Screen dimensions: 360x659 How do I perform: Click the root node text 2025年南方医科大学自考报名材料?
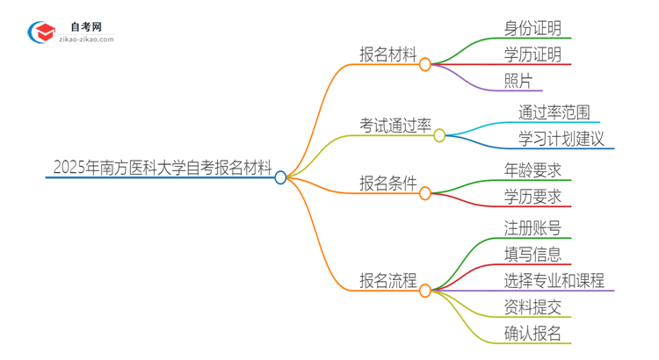tap(163, 167)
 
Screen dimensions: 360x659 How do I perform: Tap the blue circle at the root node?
tap(280, 177)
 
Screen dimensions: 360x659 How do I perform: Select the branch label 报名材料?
tap(389, 54)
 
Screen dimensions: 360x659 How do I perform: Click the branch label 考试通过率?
tap(395, 126)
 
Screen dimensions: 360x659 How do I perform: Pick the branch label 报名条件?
tap(387, 184)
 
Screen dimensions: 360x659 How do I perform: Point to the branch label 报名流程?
tap(389, 281)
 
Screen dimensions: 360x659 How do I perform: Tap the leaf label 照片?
tap(518, 81)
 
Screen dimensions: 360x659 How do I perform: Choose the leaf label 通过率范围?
tap(554, 112)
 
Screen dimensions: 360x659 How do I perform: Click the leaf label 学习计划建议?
tap(561, 139)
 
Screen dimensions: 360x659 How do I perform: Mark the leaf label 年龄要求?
tap(533, 169)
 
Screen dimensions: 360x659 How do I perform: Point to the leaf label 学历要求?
tap(533, 197)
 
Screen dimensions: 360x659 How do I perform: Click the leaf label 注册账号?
tap(533, 227)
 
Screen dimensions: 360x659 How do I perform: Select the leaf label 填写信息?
tap(533, 255)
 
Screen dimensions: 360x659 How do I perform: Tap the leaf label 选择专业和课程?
tap(554, 281)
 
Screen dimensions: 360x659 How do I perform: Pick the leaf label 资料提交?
tap(533, 306)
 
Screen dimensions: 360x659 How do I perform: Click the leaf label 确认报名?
tap(533, 334)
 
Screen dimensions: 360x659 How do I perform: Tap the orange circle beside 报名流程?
tap(425, 290)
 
